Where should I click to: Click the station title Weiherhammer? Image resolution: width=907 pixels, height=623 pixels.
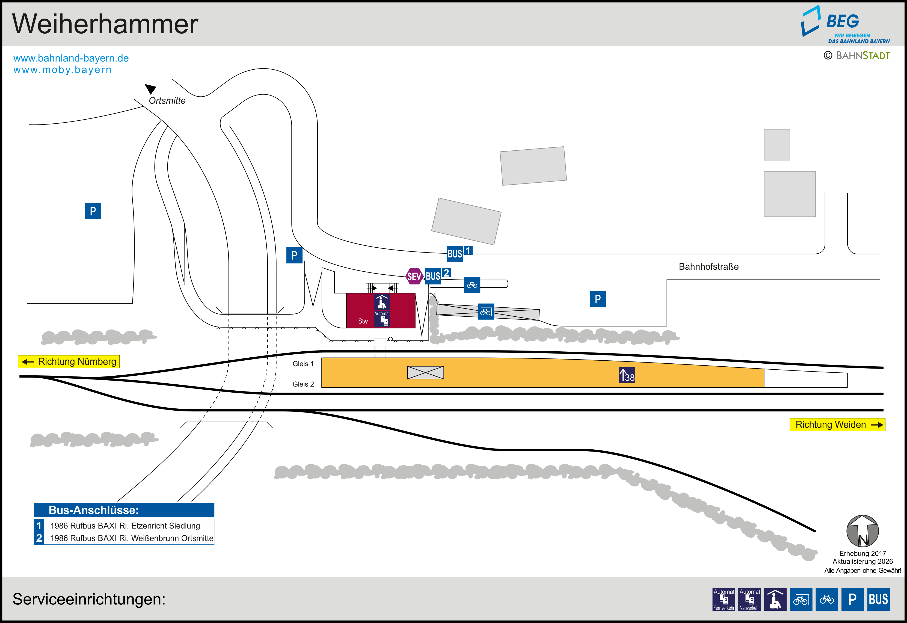coord(105,24)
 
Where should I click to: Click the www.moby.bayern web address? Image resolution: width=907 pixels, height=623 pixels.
coord(63,70)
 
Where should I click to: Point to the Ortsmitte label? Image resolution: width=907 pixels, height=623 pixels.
coord(167,101)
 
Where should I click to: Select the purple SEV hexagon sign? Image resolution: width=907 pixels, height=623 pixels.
coord(414,276)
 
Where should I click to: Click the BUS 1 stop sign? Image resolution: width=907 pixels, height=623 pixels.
coord(459,253)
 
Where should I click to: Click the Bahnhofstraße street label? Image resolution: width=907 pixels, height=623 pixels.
coord(708,267)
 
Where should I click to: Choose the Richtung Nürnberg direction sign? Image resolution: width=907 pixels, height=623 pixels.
coord(69,361)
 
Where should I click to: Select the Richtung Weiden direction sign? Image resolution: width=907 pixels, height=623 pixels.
coord(837,425)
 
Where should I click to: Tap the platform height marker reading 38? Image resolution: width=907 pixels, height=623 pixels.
coord(627,375)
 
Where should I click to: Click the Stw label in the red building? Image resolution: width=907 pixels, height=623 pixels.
coord(363,321)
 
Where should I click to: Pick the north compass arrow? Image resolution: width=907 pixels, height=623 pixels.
coord(862,531)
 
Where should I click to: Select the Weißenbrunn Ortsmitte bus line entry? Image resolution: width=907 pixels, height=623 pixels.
coord(132,538)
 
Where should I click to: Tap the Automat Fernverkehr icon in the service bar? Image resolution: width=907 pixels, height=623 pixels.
coord(724,599)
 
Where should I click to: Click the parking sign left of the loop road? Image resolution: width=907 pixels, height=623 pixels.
coord(93,211)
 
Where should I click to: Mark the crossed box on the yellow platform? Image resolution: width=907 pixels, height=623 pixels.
coord(425,372)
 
